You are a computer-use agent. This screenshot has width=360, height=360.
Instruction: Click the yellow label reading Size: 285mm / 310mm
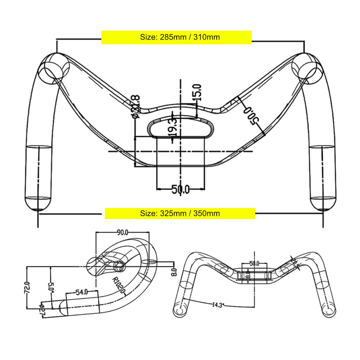click(176, 37)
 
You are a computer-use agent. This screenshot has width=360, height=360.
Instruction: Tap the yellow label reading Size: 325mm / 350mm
click(180, 213)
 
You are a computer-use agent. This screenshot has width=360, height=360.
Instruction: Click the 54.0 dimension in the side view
click(82, 292)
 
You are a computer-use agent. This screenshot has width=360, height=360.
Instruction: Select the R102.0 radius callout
click(119, 286)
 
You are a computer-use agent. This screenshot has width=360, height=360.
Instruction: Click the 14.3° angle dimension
click(217, 304)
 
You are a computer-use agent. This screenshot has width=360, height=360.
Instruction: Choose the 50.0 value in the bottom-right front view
click(254, 263)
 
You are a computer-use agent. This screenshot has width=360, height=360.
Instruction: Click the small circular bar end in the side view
click(119, 266)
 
